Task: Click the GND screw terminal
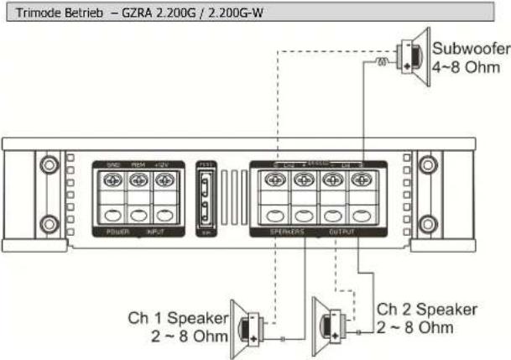[112, 179]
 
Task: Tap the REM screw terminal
[138, 179]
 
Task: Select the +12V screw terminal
[164, 179]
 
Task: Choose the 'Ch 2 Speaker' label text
[427, 309]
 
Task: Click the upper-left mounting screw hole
[49, 161]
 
